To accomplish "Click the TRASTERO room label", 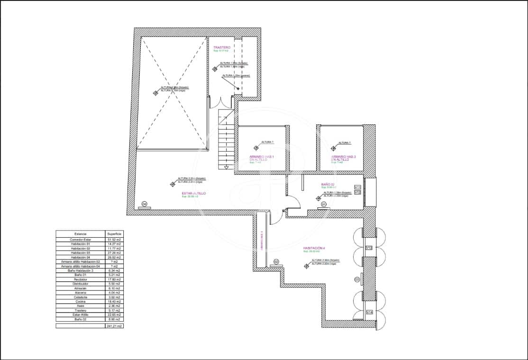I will [222, 47].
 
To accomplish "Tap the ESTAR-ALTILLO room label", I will [193, 193].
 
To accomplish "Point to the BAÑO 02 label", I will [328, 185].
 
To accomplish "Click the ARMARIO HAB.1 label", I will [262, 157].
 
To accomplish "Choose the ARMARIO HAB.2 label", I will [343, 157].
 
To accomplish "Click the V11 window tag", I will [358, 187].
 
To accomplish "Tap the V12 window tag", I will [358, 193].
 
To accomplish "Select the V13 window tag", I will [369, 248].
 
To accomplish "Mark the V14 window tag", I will [369, 312].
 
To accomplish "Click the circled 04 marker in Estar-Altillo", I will [145, 204].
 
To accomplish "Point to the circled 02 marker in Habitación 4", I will [276, 261].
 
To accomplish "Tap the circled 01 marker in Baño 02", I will [324, 204].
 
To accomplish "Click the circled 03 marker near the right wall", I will [357, 280].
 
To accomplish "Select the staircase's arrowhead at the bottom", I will [227, 167].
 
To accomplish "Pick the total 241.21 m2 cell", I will [114, 326].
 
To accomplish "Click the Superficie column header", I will [114, 234].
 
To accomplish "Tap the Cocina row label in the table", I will [81, 301].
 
